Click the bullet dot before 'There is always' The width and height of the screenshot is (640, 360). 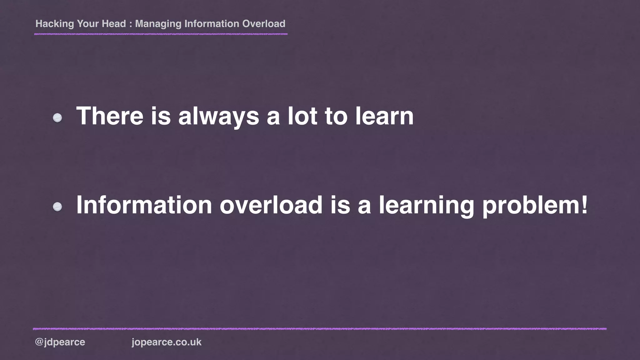point(57,118)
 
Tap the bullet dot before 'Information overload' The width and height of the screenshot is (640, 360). point(57,207)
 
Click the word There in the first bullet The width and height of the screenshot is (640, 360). point(110,116)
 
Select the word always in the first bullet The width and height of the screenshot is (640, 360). point(218,116)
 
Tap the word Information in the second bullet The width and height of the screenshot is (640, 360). point(144,205)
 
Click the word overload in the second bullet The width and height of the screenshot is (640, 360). point(271,205)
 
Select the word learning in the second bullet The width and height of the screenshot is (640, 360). point(426,205)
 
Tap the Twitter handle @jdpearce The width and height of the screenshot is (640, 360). point(60,342)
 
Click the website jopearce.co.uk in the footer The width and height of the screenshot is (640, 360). point(167,342)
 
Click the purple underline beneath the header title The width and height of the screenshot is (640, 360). point(161,34)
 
